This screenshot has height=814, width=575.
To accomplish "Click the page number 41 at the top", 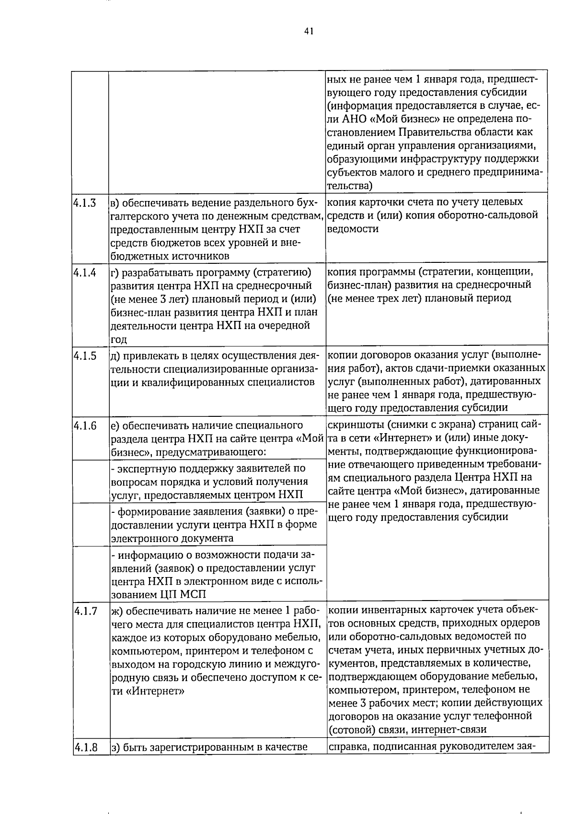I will point(309,31).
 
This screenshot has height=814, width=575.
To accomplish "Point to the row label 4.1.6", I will point(85,425).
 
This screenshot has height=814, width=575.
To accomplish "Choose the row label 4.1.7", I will point(85,611).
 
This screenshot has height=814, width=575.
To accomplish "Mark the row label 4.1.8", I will point(85,747).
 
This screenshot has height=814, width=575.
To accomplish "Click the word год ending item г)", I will point(119,340).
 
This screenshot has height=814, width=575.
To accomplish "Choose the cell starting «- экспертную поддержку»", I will point(217,481).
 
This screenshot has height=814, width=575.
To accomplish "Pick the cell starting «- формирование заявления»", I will point(217,524).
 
